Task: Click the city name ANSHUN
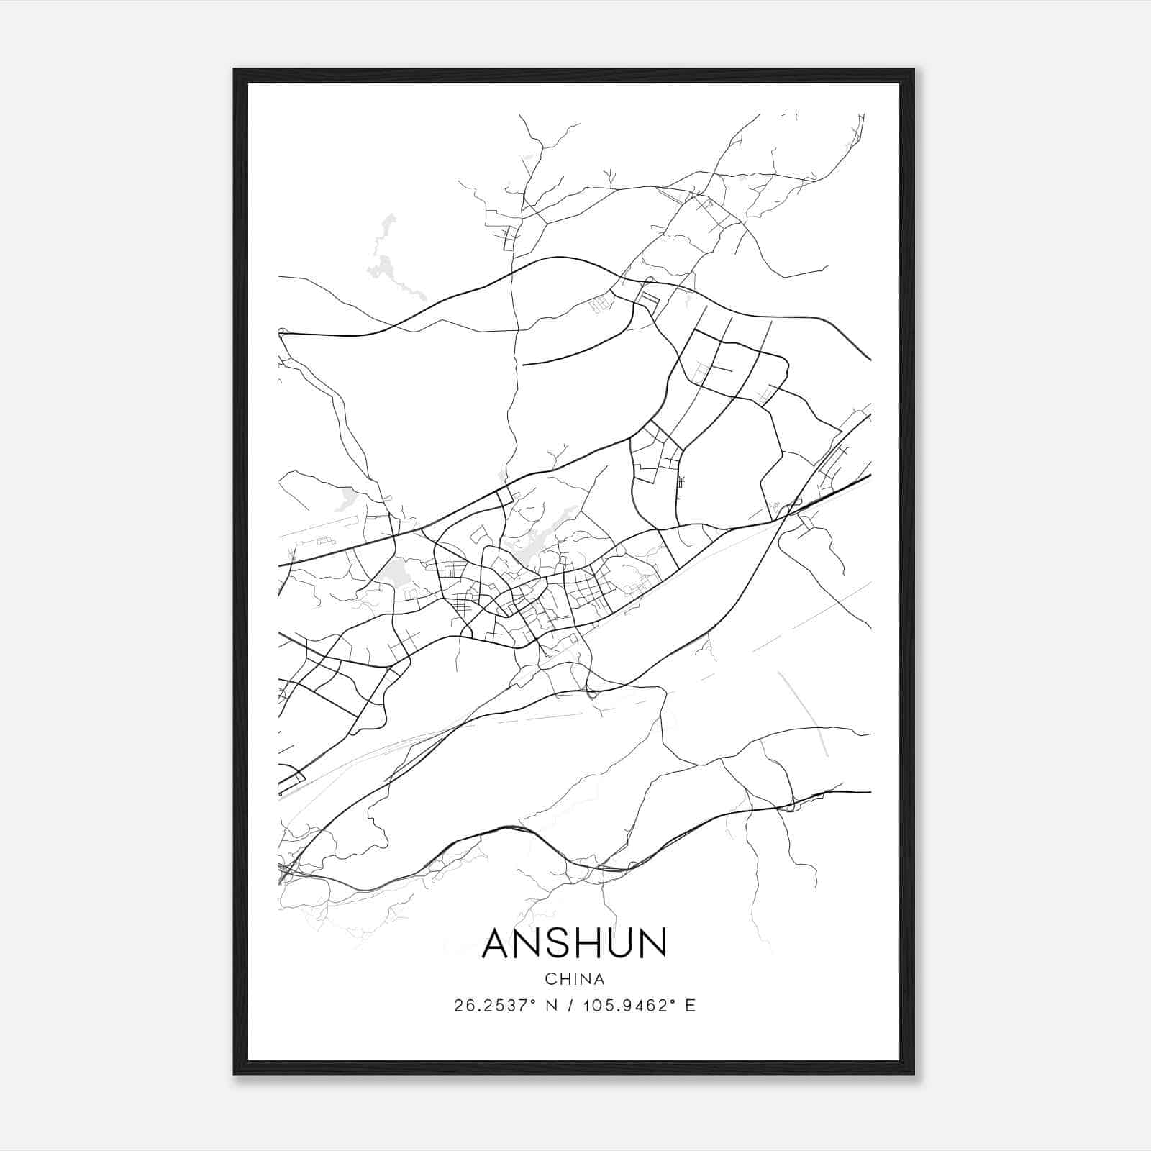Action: [x=575, y=942]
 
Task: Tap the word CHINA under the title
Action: [x=575, y=979]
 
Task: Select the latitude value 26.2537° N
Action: [x=503, y=1006]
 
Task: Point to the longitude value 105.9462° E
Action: [x=633, y=1006]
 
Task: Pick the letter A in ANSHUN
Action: [x=498, y=942]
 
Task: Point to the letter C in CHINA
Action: [x=550, y=979]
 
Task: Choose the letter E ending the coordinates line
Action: [x=691, y=1006]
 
